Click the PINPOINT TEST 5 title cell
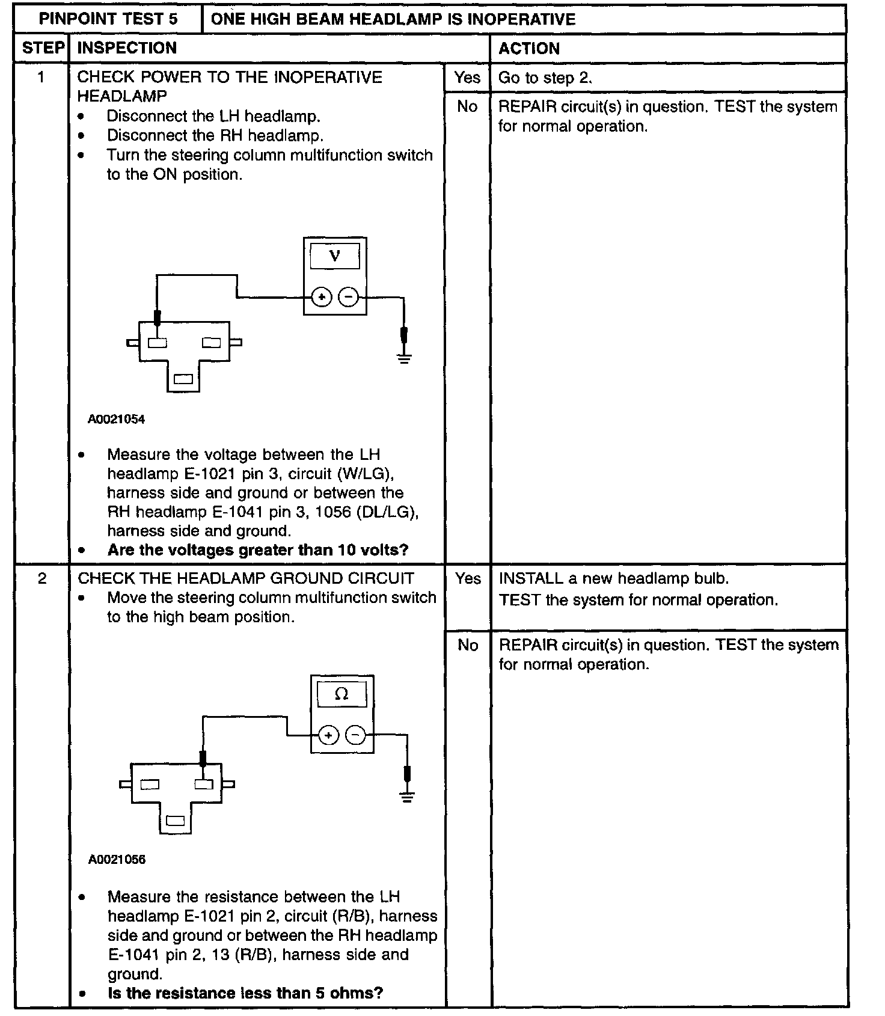tap(108, 19)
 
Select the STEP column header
tap(42, 48)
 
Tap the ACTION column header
tap(529, 48)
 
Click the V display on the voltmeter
tap(335, 256)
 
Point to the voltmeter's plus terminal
tap(322, 297)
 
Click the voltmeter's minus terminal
tap(349, 297)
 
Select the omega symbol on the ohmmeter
tap(341, 694)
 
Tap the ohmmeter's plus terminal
tap(328, 735)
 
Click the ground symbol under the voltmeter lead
tap(404, 359)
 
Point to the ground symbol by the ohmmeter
tap(408, 798)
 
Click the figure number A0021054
tap(117, 420)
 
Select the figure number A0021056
tap(117, 860)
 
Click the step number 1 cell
tap(41, 78)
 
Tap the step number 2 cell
tap(41, 578)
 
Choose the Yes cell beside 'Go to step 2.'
tap(467, 78)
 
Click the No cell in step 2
tap(468, 645)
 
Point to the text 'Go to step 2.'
tap(545, 78)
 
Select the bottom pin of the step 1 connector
tap(183, 379)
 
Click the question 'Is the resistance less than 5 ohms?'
tap(245, 993)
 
